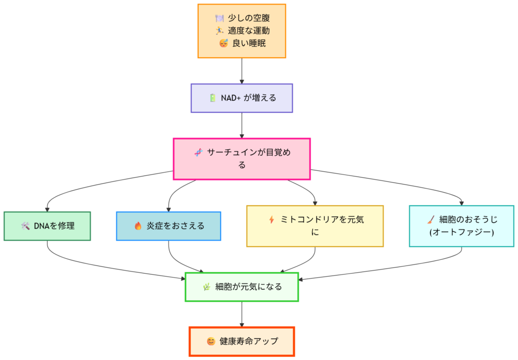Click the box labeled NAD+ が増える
point(242,98)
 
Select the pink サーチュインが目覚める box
point(242,159)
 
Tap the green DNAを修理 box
point(47,226)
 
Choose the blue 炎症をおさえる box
point(168,226)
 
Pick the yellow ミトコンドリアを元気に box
point(315,226)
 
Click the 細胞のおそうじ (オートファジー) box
point(461,226)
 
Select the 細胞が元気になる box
point(242,287)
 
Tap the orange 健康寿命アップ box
point(242,341)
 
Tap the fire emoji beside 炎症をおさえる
point(138,226)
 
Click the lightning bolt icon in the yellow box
point(272,219)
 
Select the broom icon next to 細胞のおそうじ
point(430,219)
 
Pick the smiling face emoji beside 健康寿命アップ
point(211,341)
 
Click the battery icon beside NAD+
point(212,98)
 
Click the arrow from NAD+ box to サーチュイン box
point(242,125)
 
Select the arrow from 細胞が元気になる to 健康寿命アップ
point(242,314)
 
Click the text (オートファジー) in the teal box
point(461,232)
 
